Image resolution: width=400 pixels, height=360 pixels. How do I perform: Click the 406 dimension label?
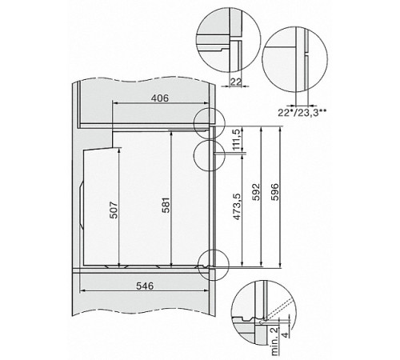point(161,98)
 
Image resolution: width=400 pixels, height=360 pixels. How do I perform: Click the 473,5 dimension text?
point(235,210)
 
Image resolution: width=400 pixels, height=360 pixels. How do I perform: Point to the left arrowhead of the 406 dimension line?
point(114,102)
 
